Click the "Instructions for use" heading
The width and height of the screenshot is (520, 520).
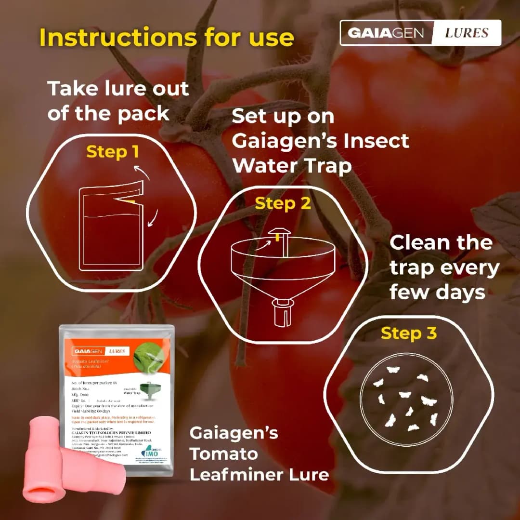[166, 38]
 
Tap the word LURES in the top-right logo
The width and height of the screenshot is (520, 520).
[466, 33]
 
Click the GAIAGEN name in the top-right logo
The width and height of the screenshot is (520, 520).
[386, 33]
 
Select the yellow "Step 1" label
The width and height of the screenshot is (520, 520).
[112, 152]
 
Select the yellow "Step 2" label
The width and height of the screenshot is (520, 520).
[283, 203]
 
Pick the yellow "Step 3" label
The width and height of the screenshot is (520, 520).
[408, 333]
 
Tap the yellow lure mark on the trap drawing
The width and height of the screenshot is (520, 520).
[278, 237]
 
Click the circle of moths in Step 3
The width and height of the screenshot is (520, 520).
[408, 397]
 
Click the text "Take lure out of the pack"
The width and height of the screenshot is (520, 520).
[118, 101]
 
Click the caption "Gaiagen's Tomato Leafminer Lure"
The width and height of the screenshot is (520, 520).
[259, 453]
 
